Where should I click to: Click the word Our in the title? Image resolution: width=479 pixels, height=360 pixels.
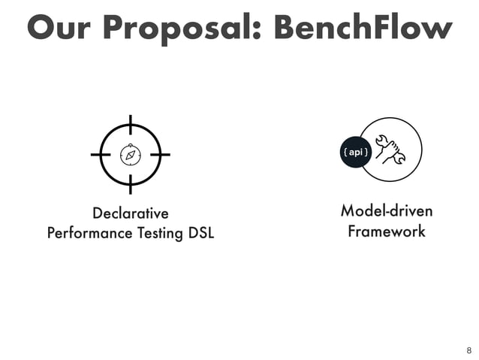[x=60, y=28]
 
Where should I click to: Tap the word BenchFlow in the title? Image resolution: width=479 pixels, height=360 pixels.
[x=363, y=28]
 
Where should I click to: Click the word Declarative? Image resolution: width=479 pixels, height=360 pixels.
[x=130, y=213]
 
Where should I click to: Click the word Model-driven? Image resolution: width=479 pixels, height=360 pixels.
[x=387, y=210]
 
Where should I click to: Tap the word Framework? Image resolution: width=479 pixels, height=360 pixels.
[x=387, y=231]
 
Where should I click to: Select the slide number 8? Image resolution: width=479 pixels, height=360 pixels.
[x=469, y=350]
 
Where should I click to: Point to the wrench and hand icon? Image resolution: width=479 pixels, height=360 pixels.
[x=390, y=150]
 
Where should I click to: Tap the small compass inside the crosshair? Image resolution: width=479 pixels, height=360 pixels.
[x=131, y=155]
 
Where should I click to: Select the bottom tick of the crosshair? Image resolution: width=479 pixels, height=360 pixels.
[x=131, y=184]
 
